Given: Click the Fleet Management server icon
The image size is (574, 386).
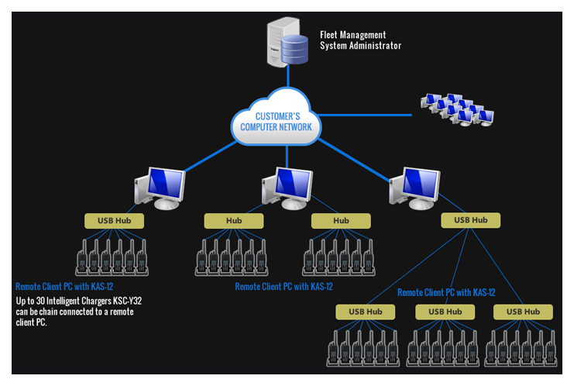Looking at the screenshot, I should tap(286, 44).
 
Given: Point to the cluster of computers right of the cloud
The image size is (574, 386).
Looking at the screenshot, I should tap(456, 110).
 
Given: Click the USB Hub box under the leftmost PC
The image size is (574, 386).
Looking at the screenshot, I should tap(115, 221).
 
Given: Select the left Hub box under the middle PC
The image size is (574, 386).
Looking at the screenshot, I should tap(234, 221).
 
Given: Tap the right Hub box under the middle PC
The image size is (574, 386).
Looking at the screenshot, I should tap(341, 221).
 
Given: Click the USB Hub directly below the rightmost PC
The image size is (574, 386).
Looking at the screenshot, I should tap(471, 220).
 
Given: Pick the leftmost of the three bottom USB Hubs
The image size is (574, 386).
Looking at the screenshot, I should tap(365, 312).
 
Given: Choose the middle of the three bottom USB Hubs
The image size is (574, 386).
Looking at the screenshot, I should tap(445, 312).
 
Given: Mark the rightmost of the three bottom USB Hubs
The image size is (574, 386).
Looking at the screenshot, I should tap(524, 312).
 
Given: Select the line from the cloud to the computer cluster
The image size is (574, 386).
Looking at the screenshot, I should tap(364, 115).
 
